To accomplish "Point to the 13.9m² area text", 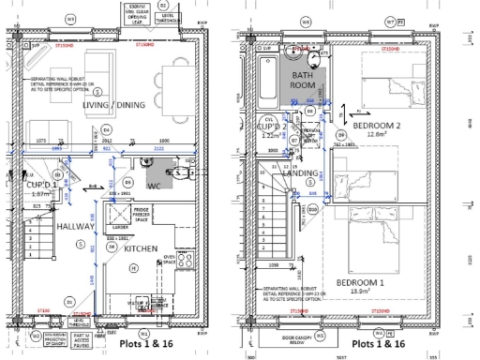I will click(364, 292).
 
